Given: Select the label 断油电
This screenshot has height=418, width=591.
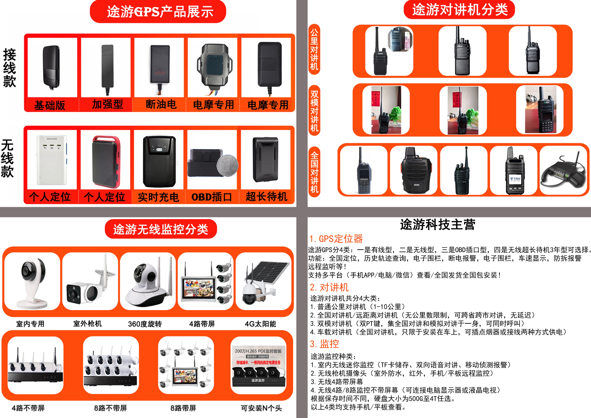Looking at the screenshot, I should point(161,104).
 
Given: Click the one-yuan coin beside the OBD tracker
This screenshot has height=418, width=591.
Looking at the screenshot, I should point(227,166).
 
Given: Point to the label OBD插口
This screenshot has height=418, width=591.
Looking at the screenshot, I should point(212,197).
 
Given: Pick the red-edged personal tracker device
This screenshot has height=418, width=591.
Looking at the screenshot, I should point(106,161).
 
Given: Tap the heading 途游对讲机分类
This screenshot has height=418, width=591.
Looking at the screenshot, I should point(459,10).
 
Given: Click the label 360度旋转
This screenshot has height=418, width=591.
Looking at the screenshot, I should point(145,324).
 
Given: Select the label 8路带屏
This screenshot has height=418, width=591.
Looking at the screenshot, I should point(183,408).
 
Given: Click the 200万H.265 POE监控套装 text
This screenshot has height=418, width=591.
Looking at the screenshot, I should point(258,351).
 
